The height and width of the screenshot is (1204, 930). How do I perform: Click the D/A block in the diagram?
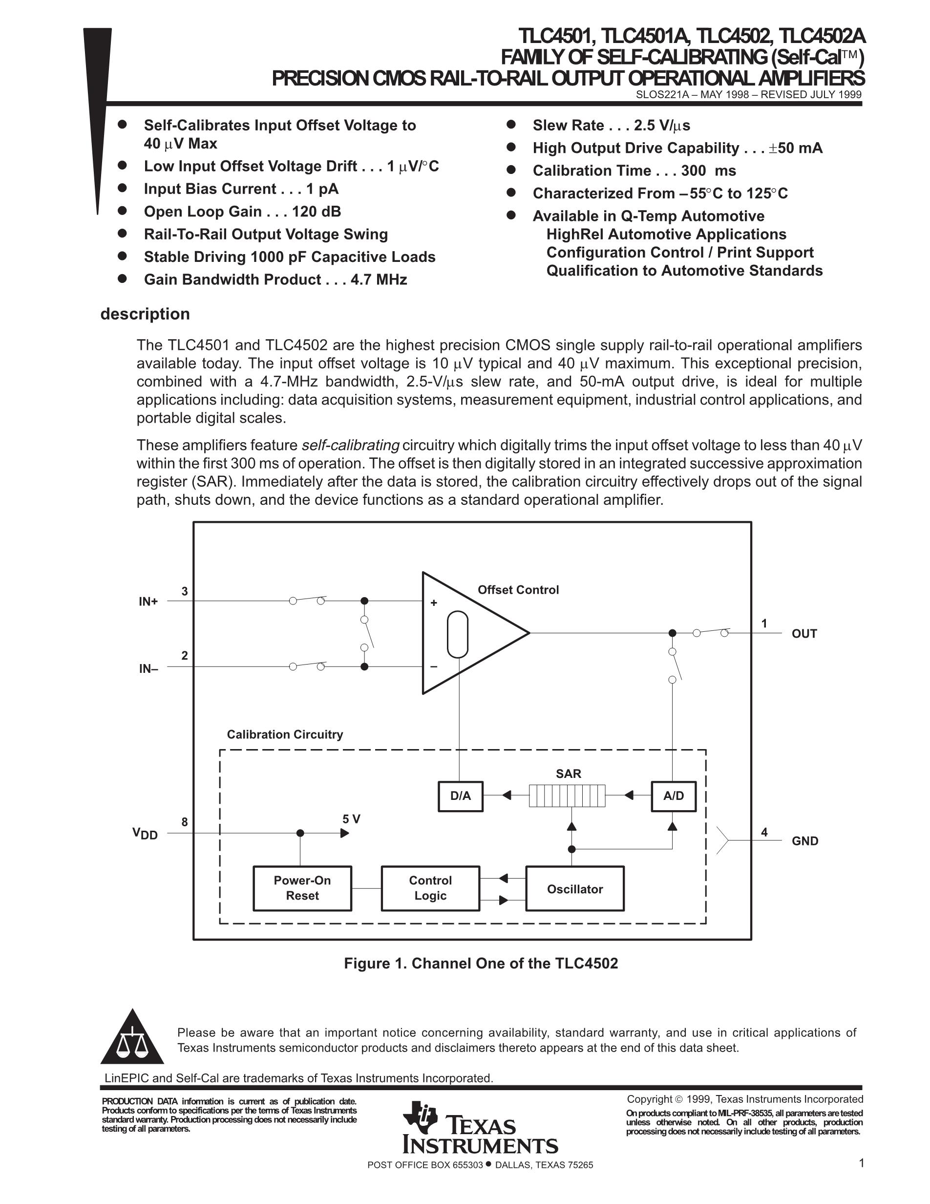(x=461, y=796)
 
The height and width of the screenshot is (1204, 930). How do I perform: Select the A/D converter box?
(x=673, y=796)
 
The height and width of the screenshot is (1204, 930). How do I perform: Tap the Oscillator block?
(x=574, y=889)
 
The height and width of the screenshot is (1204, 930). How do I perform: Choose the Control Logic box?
(x=430, y=888)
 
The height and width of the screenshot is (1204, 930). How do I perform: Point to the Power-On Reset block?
(x=302, y=888)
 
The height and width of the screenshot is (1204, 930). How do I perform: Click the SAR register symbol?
(x=567, y=796)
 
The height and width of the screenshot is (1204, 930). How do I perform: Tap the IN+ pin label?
(x=148, y=602)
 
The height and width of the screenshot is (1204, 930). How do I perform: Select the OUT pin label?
(x=804, y=633)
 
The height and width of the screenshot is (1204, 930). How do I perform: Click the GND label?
(x=805, y=841)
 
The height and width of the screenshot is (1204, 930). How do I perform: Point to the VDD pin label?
(x=145, y=834)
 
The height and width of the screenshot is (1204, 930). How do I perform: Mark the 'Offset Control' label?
(x=518, y=590)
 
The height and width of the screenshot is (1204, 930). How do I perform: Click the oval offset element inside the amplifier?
(x=457, y=635)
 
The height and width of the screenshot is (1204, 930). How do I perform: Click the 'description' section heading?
(x=145, y=314)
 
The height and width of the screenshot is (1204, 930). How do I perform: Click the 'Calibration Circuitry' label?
(x=285, y=734)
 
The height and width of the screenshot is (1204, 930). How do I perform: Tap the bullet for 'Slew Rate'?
(x=511, y=125)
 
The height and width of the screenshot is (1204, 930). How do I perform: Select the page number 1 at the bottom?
(x=861, y=1163)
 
